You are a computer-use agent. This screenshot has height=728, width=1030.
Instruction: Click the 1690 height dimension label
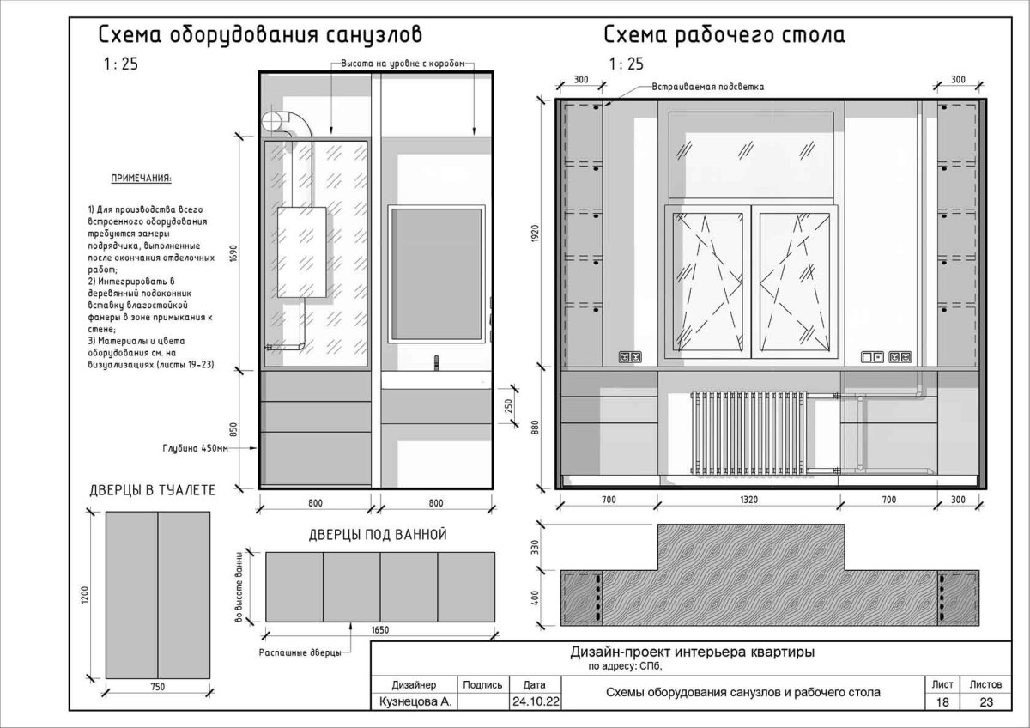[233, 253]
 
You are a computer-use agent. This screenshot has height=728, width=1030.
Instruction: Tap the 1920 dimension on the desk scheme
[535, 234]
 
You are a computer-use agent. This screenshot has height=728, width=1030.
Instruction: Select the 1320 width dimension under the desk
[748, 500]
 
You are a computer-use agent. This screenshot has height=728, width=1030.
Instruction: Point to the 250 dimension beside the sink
[508, 405]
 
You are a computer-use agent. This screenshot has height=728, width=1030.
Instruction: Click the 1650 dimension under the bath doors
[379, 629]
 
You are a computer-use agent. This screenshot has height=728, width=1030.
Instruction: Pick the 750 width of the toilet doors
[157, 687]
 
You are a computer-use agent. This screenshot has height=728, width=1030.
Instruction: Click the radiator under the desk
[748, 433]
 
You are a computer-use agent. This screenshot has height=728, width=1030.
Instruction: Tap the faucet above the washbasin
[436, 362]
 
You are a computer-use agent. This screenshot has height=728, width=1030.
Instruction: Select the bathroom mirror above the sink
[436, 274]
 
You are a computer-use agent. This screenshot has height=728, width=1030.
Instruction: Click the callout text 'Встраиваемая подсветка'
[707, 87]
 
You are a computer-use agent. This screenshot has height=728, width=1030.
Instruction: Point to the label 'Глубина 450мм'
[196, 448]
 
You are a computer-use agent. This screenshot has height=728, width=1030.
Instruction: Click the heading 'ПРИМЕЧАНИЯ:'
[141, 178]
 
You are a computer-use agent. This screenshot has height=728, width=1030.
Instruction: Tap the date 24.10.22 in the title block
[536, 701]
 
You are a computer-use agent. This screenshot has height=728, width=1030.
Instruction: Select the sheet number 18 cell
[942, 701]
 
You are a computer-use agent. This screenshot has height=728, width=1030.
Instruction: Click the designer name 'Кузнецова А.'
[415, 701]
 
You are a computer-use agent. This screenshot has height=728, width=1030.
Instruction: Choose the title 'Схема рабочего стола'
[724, 35]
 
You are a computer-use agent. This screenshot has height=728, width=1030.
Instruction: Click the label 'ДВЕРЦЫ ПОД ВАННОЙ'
[378, 534]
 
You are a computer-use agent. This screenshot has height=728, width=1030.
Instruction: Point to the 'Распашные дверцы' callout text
[300, 652]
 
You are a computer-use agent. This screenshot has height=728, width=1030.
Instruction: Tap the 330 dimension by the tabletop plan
[535, 547]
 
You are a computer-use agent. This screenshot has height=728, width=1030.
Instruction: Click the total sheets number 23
[986, 701]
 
